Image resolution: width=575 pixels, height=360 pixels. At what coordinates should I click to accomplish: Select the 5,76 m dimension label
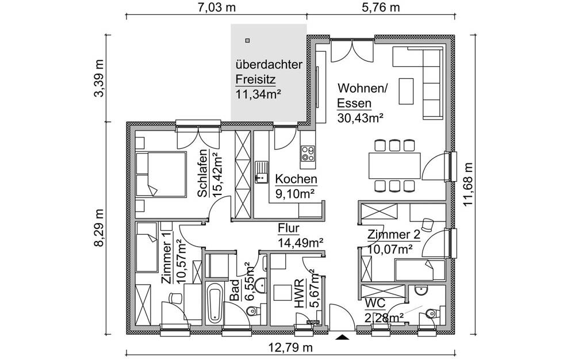pyautogui.click(x=380, y=7)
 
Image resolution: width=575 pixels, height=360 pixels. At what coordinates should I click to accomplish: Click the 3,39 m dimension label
pyautogui.click(x=99, y=78)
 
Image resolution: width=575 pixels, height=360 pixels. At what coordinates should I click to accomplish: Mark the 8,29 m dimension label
pyautogui.click(x=99, y=228)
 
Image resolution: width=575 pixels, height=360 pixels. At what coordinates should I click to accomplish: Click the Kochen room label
pyautogui.click(x=296, y=179)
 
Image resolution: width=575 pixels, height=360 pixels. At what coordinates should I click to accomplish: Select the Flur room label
pyautogui.click(x=289, y=228)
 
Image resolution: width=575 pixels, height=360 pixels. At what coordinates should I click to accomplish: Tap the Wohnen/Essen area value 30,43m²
pyautogui.click(x=360, y=117)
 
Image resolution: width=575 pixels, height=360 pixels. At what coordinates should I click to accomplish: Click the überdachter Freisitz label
pyautogui.click(x=269, y=65)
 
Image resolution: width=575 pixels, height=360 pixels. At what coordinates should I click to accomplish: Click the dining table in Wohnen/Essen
pyautogui.click(x=394, y=165)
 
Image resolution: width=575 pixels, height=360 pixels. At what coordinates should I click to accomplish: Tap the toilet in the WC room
pyautogui.click(x=430, y=314)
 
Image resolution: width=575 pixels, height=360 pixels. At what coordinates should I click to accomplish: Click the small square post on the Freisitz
pyautogui.click(x=247, y=40)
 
